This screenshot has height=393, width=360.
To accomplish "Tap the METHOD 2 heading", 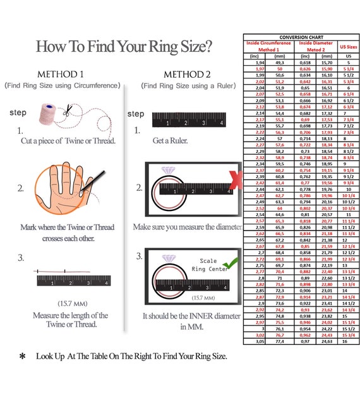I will (188, 73).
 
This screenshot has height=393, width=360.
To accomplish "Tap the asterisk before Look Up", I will (23, 356).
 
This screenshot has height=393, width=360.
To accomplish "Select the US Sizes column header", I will (347, 47).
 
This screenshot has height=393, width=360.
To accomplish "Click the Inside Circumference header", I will (265, 43).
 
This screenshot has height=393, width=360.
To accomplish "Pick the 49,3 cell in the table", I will (279, 63).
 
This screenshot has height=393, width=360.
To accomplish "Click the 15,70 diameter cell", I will (327, 63).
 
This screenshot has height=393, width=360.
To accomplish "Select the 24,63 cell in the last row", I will (327, 341).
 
